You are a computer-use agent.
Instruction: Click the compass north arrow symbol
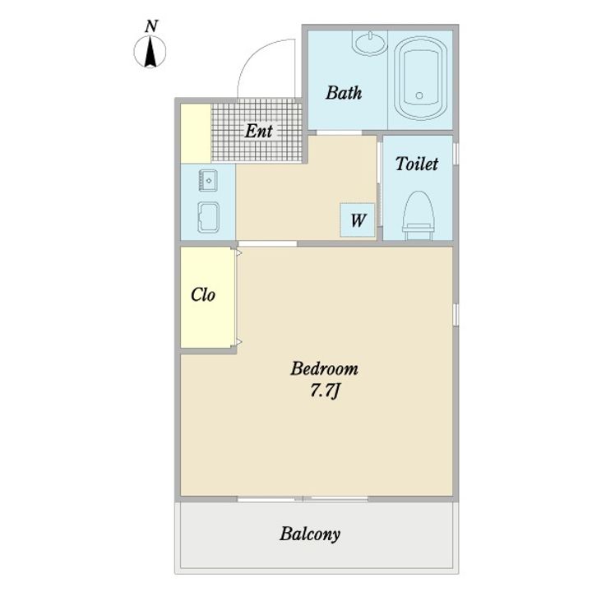150,51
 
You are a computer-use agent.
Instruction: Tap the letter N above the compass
151,26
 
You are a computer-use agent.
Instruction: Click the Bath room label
344,93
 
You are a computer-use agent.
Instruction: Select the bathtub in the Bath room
420,78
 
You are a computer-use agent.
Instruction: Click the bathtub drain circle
419,95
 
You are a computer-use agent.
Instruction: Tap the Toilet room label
417,164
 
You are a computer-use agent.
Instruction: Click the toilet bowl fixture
419,215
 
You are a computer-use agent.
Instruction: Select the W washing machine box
357,220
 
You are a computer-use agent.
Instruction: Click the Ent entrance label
259,131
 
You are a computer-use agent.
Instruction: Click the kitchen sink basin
208,180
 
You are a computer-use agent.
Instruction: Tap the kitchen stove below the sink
208,217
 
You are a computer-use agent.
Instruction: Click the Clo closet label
203,295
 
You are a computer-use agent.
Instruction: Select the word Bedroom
324,369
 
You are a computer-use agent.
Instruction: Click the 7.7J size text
325,391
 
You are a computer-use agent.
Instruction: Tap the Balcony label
310,534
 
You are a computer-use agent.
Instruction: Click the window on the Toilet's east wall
456,153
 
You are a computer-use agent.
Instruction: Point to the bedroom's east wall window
456,314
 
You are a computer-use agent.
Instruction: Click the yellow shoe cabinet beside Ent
196,133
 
